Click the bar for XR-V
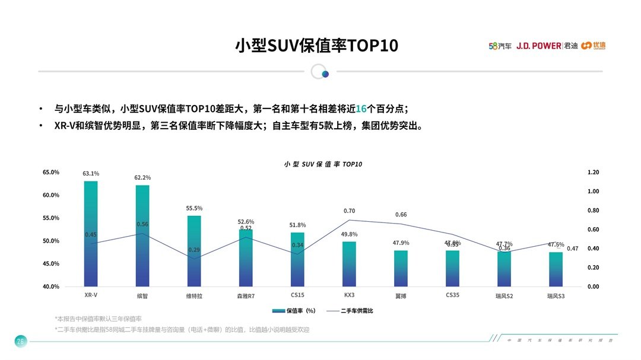click(x=91, y=234)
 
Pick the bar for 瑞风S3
click(x=556, y=269)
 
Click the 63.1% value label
click(x=91, y=174)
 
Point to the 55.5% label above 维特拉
click(x=194, y=208)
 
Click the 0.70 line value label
click(x=349, y=211)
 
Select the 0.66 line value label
click(x=401, y=215)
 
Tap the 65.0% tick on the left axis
click(x=51, y=172)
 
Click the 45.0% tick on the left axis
click(x=51, y=264)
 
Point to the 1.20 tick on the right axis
click(x=593, y=172)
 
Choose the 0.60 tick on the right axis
click(x=593, y=230)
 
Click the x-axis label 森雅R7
click(x=246, y=295)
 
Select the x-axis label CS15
click(x=297, y=295)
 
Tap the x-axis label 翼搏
click(x=401, y=295)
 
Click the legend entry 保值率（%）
click(x=294, y=311)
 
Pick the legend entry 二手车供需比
click(x=350, y=311)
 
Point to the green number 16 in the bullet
click(x=361, y=109)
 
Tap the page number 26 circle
click(x=20, y=341)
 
